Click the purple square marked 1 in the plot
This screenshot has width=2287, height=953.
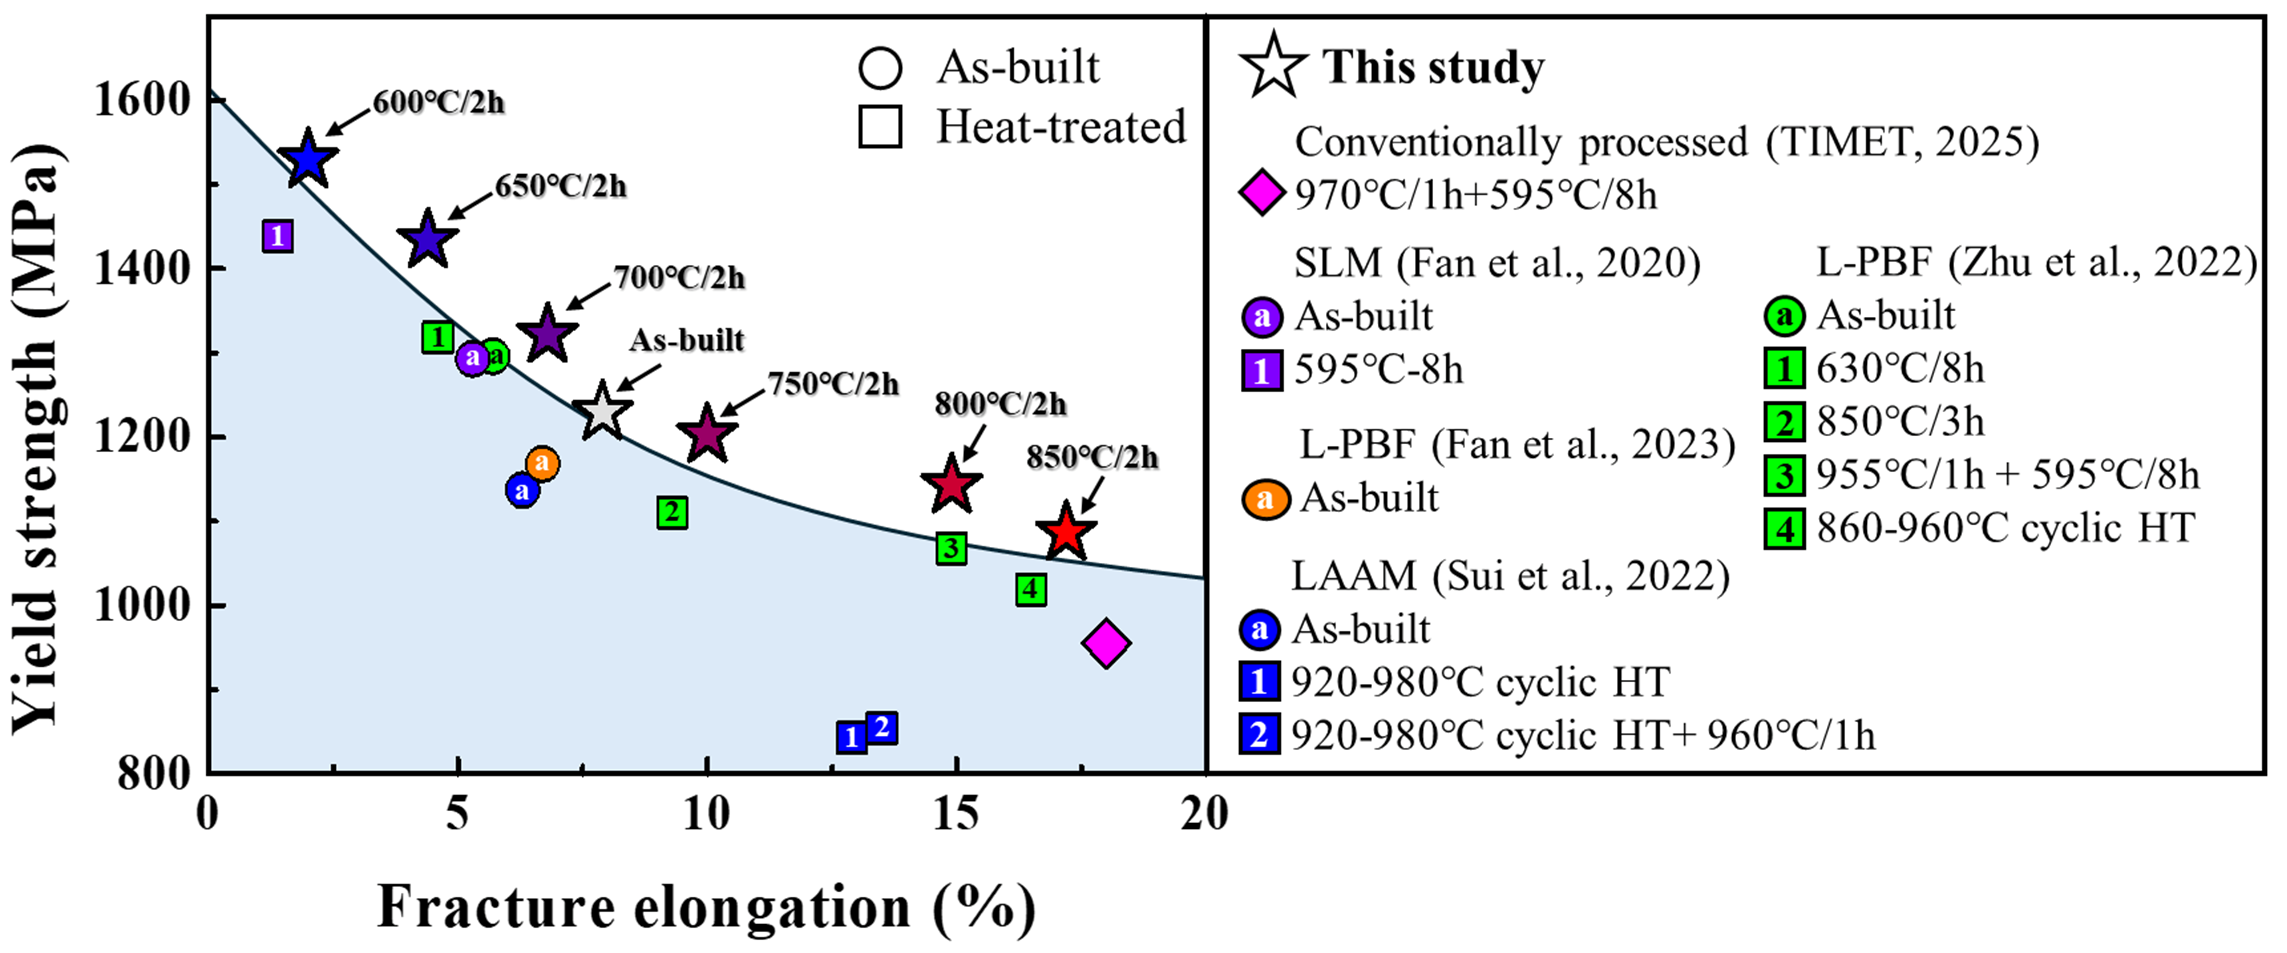[x=278, y=236]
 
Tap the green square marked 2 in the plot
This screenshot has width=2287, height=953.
[x=672, y=513]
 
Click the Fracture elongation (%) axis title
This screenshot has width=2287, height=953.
[x=707, y=908]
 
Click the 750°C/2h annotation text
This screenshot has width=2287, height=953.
[x=833, y=385]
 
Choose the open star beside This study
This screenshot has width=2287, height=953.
[x=1273, y=66]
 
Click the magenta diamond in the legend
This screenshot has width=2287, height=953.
[x=1262, y=194]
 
